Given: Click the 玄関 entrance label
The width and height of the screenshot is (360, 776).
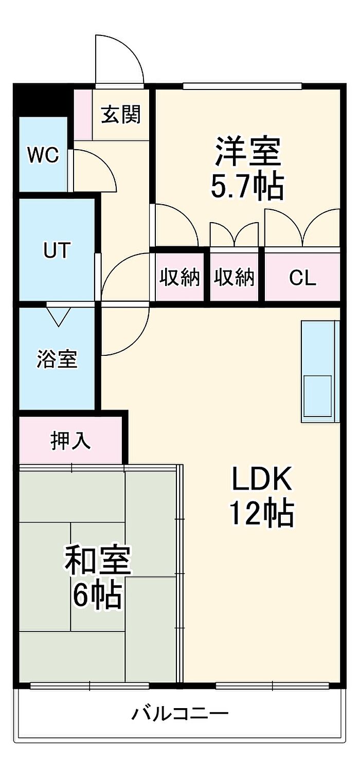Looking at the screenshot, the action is pyautogui.click(x=121, y=115).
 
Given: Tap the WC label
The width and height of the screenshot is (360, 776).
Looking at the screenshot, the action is pyautogui.click(x=43, y=155).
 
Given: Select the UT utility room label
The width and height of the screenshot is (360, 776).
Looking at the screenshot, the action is pyautogui.click(x=57, y=250).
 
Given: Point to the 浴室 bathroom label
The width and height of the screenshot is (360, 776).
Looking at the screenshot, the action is pyautogui.click(x=57, y=359).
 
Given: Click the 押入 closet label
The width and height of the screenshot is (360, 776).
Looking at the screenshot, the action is pyautogui.click(x=70, y=441).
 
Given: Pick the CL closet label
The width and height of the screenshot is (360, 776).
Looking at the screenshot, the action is pyautogui.click(x=303, y=278).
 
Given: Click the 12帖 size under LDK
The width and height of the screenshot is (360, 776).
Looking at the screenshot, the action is pyautogui.click(x=262, y=513).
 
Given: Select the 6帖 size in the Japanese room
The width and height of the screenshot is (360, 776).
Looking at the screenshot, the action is pyautogui.click(x=97, y=595).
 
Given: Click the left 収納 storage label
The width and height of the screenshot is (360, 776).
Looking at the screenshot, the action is pyautogui.click(x=179, y=278).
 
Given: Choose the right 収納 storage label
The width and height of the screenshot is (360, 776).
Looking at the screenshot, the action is pyautogui.click(x=234, y=278).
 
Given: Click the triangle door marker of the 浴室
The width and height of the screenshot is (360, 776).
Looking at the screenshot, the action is pyautogui.click(x=58, y=317).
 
